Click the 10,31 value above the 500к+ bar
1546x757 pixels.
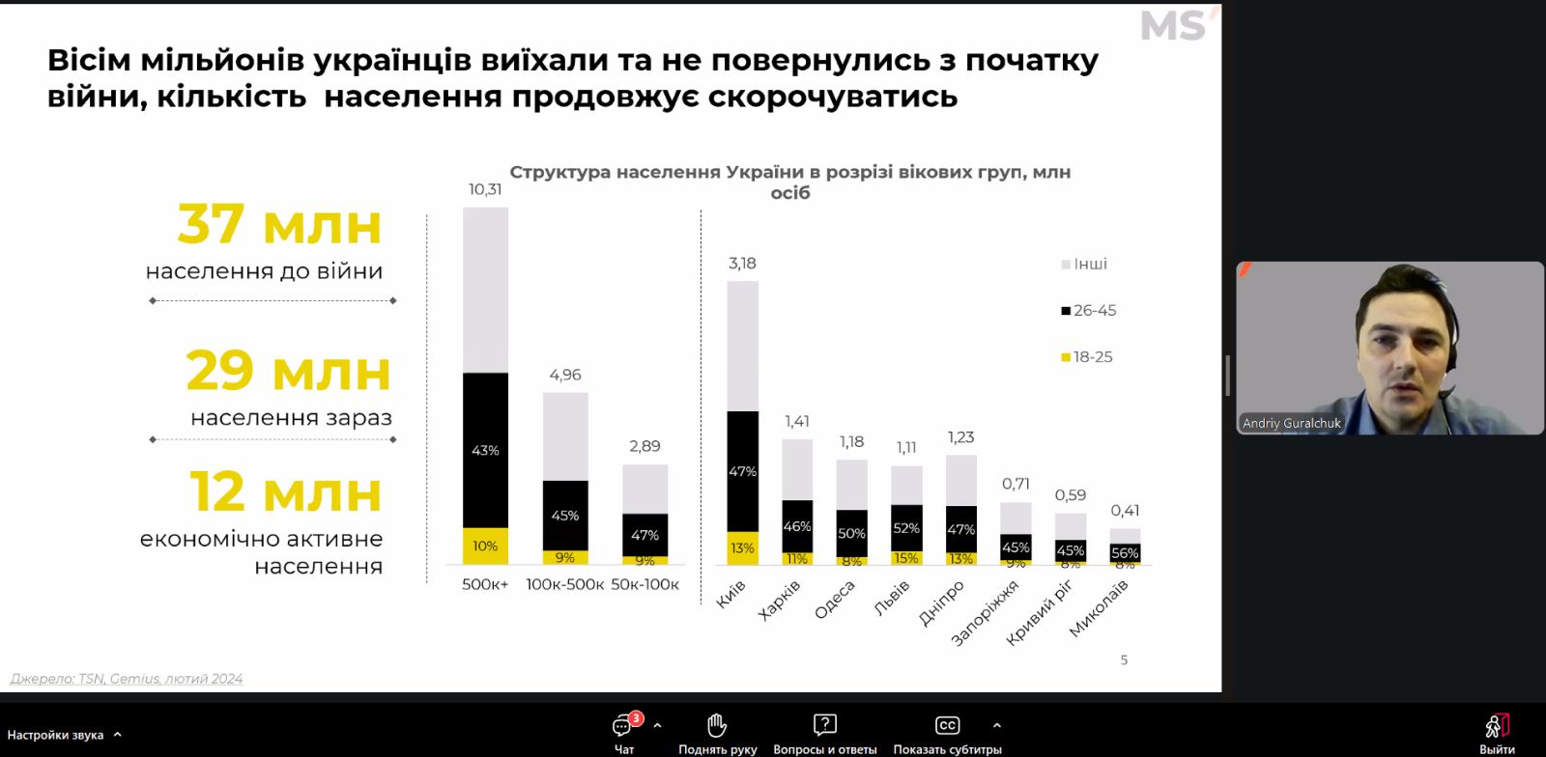(x=485, y=189)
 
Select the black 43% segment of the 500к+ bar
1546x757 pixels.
(x=485, y=450)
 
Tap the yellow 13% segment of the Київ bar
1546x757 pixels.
(x=742, y=547)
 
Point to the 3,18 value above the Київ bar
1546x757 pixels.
(x=742, y=263)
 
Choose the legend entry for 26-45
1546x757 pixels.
(x=1089, y=310)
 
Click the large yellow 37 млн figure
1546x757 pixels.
(x=279, y=224)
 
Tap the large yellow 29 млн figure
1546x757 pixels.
(x=288, y=371)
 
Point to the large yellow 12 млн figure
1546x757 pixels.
(x=286, y=491)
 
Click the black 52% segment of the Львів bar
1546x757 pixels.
(x=906, y=528)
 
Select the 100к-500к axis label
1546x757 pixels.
(x=565, y=584)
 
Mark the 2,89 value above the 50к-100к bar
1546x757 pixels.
(x=644, y=446)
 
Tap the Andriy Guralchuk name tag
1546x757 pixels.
(x=1292, y=423)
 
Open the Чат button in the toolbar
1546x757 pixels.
(x=623, y=733)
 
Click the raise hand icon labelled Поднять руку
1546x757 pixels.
(x=717, y=733)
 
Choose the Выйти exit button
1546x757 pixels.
(x=1497, y=733)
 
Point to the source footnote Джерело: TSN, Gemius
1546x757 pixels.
(x=127, y=679)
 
